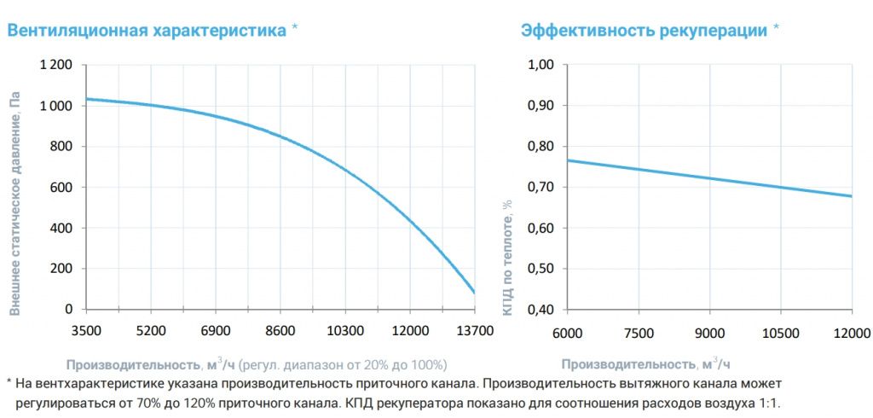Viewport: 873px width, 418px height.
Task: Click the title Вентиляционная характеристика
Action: click(x=147, y=31)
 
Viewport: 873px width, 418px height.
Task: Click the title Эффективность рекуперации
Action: click(x=644, y=31)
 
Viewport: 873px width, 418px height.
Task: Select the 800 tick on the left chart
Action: click(x=63, y=147)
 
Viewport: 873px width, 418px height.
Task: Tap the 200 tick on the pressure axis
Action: click(x=63, y=269)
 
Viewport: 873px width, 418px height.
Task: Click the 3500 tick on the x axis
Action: click(x=87, y=329)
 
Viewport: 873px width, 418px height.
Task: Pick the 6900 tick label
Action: click(x=216, y=329)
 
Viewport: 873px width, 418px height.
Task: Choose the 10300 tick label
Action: click(x=345, y=329)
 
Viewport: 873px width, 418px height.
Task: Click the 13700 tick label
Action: click(x=475, y=329)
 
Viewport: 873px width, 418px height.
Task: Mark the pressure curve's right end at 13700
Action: click(x=475, y=293)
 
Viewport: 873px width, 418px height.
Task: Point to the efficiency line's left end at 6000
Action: click(x=569, y=160)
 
